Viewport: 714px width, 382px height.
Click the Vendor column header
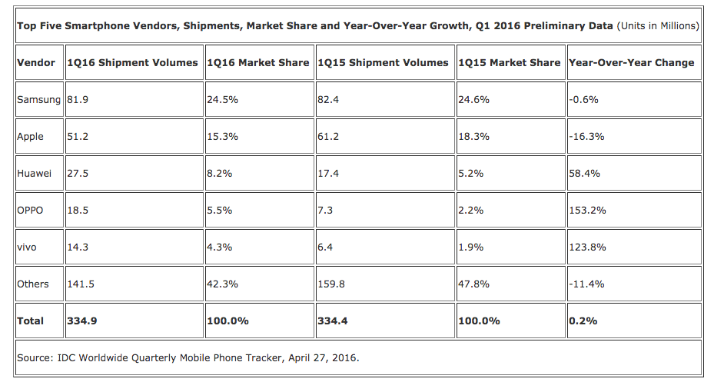[x=36, y=62]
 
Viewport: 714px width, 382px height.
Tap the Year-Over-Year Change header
[x=631, y=62]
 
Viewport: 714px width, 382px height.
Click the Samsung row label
[x=38, y=99]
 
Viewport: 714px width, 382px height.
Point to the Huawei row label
[x=34, y=173]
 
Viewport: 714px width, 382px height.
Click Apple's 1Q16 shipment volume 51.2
[x=78, y=136]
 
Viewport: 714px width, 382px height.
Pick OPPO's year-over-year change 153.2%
[x=587, y=210]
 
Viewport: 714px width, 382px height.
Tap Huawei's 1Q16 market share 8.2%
[x=219, y=173]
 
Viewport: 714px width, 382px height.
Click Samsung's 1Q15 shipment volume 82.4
[x=329, y=99]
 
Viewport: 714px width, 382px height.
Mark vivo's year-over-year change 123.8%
[x=587, y=247]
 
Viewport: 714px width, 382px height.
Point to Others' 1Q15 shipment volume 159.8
[x=332, y=284]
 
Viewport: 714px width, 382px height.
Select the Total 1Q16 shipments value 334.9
[x=81, y=321]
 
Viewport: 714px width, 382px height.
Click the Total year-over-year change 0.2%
[x=583, y=321]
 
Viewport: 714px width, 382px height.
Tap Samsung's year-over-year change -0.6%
[x=584, y=99]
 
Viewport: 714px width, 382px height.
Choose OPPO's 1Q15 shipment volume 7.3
[x=326, y=210]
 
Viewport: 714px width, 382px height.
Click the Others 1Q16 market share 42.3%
[x=223, y=284]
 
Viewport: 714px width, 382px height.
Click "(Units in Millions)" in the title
[x=658, y=25]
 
